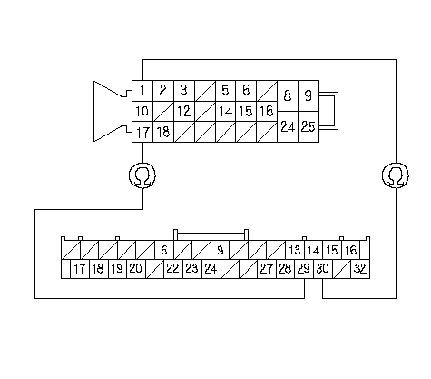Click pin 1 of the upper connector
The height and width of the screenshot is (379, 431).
point(142,91)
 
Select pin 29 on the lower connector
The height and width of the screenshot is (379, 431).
point(304,269)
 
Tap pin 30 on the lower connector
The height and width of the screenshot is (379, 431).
point(323,269)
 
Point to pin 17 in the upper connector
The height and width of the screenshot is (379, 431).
point(142,132)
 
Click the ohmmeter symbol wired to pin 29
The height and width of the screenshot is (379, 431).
point(142,175)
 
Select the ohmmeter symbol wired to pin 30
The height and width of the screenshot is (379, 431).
point(396,175)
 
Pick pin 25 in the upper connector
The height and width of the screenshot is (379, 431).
point(309,126)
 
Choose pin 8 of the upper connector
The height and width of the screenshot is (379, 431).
point(288,95)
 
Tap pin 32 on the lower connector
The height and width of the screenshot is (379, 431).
point(360,269)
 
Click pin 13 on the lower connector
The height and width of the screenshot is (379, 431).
point(295,250)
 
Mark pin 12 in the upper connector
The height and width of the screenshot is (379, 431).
point(184,112)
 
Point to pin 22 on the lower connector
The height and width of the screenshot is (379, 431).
point(173,269)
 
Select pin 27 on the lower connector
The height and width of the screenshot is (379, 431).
point(267,269)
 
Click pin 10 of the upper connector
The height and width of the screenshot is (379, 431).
point(142,112)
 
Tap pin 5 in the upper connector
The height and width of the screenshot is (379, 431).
point(225,91)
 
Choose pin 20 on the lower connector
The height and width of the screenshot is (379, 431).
point(136,269)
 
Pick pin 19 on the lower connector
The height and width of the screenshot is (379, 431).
point(117,269)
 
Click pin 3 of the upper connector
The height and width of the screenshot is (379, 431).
point(184,91)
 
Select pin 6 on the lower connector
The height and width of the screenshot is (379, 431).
point(164,250)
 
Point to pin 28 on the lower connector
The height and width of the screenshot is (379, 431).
point(285,269)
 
